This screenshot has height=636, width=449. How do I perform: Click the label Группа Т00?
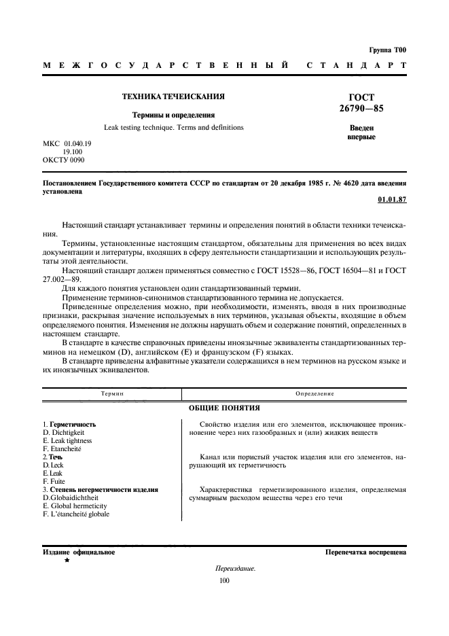coord(387,50)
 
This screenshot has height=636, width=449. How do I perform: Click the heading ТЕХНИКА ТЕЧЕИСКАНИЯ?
coord(173,96)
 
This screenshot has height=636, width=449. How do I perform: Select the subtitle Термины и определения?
coord(173,116)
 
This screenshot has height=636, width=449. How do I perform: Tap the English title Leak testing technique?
coord(173,128)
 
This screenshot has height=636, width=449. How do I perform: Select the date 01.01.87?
coord(391,200)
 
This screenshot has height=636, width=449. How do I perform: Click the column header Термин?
coord(112,394)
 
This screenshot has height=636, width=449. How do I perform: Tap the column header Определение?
coord(294,394)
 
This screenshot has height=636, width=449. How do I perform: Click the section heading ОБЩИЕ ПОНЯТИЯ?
coord(224,408)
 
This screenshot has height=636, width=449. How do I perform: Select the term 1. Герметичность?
coord(69,424)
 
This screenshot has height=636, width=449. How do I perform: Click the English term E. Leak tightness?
coord(67,440)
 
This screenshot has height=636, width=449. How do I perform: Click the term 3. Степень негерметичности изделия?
coord(100,489)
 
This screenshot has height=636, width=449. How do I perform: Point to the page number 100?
coord(225,580)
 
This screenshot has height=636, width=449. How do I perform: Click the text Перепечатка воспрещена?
coord(365,552)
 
